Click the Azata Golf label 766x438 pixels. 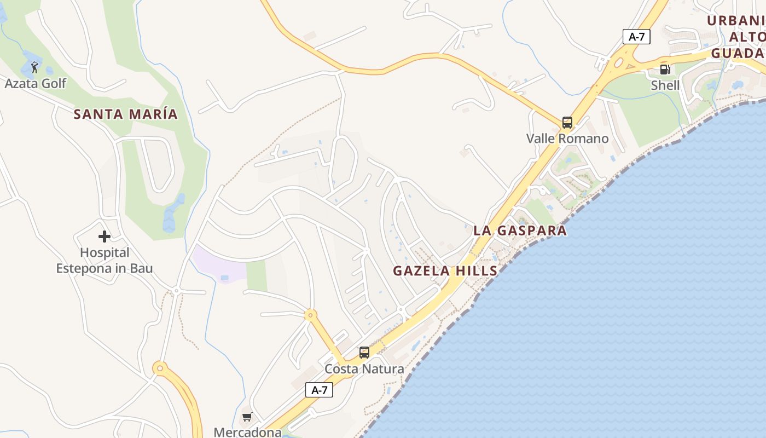[x=35, y=84]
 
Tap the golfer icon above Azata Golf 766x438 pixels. [x=34, y=67]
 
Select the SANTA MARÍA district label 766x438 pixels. [x=126, y=114]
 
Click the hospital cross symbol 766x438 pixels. [x=105, y=237]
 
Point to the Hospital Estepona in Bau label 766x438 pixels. [x=105, y=261]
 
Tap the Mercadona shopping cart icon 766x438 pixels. [x=247, y=417]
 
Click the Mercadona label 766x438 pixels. [x=247, y=432]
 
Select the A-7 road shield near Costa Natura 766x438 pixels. [x=319, y=390]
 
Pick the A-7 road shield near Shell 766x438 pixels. [x=636, y=37]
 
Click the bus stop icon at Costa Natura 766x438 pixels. [x=364, y=353]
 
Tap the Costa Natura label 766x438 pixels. [x=364, y=369]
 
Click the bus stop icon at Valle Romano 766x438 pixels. [x=567, y=123]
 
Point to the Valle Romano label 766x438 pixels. [x=567, y=139]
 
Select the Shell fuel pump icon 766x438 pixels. [x=665, y=70]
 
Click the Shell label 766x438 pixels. [x=665, y=85]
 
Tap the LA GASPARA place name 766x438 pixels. [x=520, y=230]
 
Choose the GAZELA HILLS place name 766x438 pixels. [x=445, y=270]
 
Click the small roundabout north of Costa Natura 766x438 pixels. [x=311, y=315]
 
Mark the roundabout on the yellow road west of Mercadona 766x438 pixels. [x=160, y=368]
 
